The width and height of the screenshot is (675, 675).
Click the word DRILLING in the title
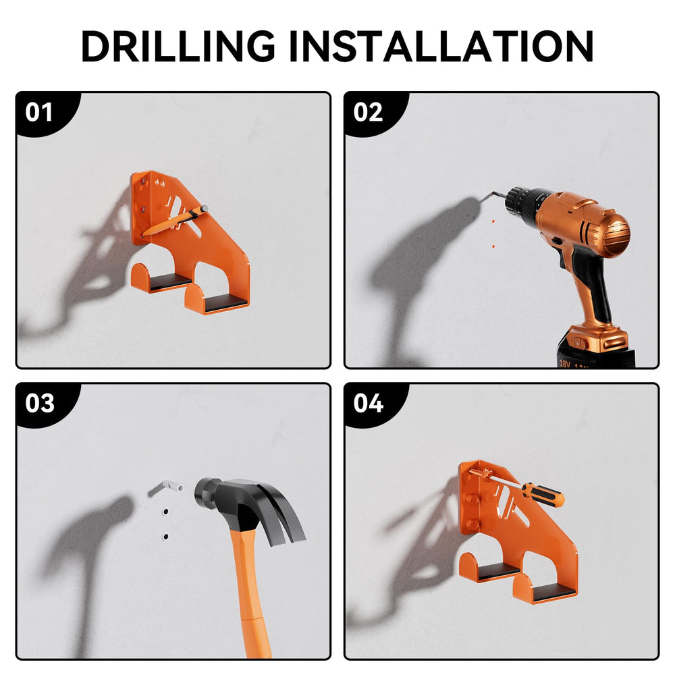click(178, 46)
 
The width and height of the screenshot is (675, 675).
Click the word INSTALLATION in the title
click(441, 46)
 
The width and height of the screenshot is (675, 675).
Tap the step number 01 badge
click(39, 112)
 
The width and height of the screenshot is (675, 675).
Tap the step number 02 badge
click(368, 112)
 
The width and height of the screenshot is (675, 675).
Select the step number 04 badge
click(368, 404)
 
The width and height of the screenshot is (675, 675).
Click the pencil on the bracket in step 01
click(174, 221)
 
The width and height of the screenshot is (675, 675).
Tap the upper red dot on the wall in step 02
click(493, 221)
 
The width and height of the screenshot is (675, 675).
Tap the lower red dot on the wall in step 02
click(493, 246)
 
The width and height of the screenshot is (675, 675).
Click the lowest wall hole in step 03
click(165, 537)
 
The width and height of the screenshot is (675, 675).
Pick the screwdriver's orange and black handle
click(543, 494)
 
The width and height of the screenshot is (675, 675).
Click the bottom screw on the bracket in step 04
click(474, 524)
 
